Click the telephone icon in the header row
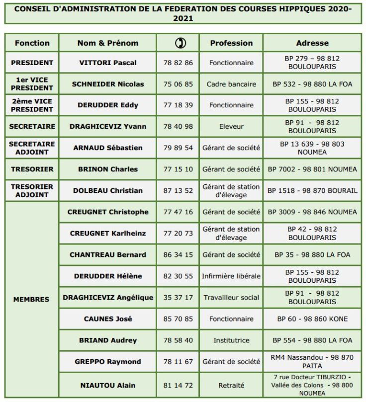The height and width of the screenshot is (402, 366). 178,43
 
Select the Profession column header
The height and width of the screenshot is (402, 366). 231,43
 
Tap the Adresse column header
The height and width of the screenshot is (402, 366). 312,43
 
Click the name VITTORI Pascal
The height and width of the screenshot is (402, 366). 108,63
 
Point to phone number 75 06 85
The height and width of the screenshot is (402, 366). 178,84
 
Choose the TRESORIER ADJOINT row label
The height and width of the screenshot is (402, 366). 32,190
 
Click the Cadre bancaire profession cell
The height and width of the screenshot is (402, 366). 231,84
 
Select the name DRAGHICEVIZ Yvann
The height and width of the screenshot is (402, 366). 108,126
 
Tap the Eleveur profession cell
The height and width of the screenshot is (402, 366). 231,126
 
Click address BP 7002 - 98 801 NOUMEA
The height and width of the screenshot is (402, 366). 312,169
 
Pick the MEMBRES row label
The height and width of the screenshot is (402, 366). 32,299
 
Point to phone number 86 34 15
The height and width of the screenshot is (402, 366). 178,254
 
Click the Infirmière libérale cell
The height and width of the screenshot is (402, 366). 231,276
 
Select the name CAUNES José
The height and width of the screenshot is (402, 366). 108,319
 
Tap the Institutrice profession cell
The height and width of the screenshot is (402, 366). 231,340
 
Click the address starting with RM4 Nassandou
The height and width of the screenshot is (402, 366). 312,361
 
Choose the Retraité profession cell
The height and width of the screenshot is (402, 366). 231,385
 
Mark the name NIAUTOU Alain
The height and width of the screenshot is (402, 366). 108,385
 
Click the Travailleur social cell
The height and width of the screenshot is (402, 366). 231,297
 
